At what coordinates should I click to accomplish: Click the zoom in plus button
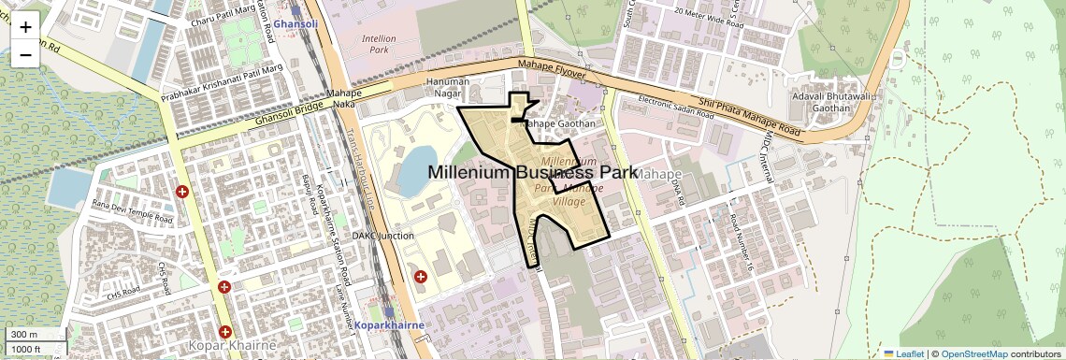[25, 26]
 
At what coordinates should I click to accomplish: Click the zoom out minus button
[25, 54]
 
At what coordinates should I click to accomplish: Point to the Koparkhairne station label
[390, 325]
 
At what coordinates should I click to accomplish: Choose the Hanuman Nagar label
[446, 88]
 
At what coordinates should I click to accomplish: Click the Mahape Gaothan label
[557, 122]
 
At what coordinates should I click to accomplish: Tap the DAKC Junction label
[382, 236]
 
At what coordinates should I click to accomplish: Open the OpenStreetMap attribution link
[975, 353]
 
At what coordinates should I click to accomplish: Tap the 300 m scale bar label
[24, 335]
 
